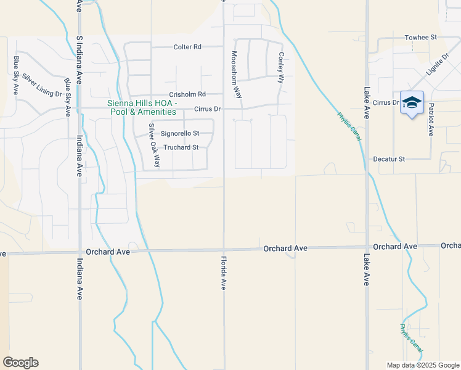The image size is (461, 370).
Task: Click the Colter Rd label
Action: pos(187,47)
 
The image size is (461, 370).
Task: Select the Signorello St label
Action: pos(180,133)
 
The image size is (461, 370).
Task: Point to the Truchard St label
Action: pos(181,147)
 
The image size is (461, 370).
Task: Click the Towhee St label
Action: pos(420,38)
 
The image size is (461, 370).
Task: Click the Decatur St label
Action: pos(388,159)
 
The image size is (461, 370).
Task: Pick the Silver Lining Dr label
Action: pos(42,86)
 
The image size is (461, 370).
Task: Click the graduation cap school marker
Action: pos(412,103)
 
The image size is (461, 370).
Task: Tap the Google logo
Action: pos(20,363)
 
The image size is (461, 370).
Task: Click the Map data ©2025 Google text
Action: pos(422,365)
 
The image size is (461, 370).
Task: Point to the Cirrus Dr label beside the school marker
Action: pos(386,102)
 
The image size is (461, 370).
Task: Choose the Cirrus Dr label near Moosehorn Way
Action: pos(207,109)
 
